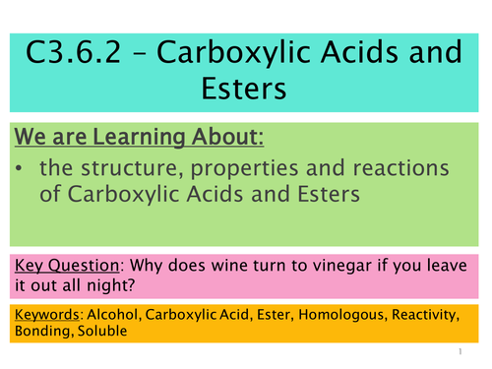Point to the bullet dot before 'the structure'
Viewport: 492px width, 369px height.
27,169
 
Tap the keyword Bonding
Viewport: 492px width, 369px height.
40,332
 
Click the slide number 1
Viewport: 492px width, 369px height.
460,350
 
